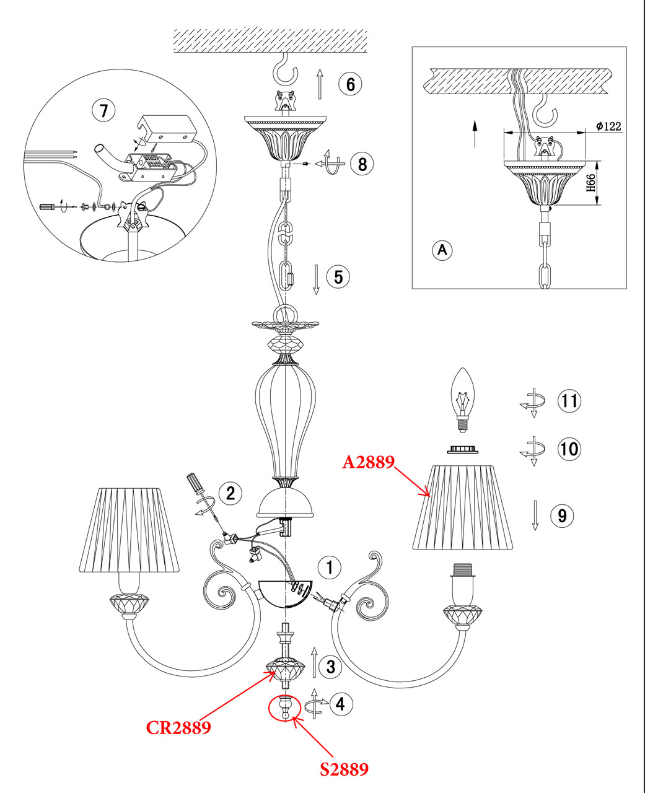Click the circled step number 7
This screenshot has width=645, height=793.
pyautogui.click(x=103, y=111)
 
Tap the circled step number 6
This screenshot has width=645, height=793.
pyautogui.click(x=350, y=83)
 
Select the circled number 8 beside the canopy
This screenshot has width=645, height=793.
pyautogui.click(x=362, y=164)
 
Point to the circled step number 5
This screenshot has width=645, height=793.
pyautogui.click(x=338, y=276)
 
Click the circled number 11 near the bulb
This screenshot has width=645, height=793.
pyautogui.click(x=569, y=400)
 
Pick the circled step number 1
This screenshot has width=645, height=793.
pyautogui.click(x=330, y=566)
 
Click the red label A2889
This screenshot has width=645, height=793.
pyautogui.click(x=369, y=462)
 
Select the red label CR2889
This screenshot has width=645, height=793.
pyautogui.click(x=178, y=727)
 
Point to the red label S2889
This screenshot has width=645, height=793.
pyautogui.click(x=344, y=769)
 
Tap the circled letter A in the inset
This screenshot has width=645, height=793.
pyautogui.click(x=442, y=250)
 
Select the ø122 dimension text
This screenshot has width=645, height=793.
pyautogui.click(x=608, y=126)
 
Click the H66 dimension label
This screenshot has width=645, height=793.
pyautogui.click(x=590, y=183)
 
